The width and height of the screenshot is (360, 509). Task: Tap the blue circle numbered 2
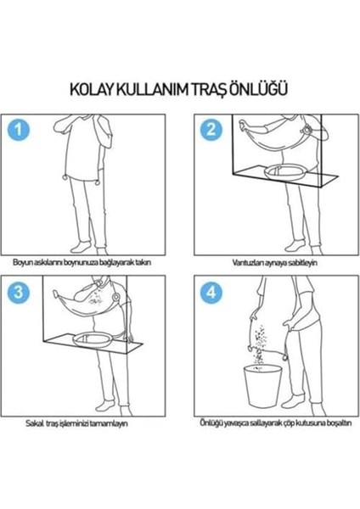pos(210,129)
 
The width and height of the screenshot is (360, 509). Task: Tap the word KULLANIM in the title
pos(158,87)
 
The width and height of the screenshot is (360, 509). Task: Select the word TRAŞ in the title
pos(218,87)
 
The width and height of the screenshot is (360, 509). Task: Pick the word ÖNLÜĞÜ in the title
pos(269,87)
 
